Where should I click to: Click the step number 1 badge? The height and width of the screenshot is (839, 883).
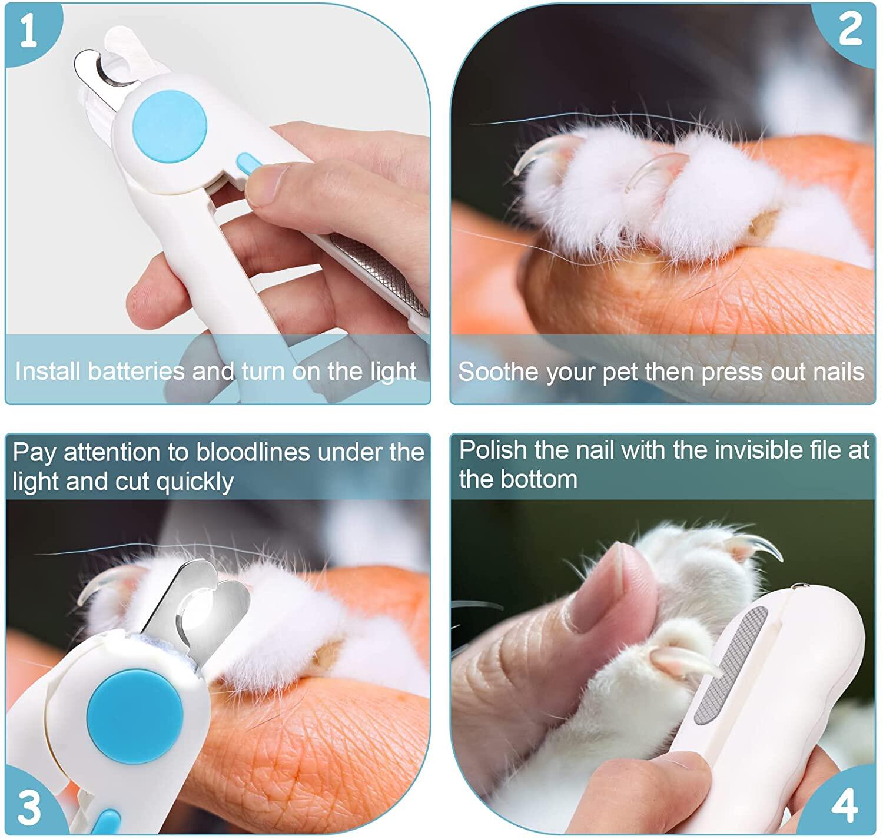[28, 31]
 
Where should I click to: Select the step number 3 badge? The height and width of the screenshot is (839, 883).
[29, 808]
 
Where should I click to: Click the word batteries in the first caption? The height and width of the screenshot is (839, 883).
[136, 371]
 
